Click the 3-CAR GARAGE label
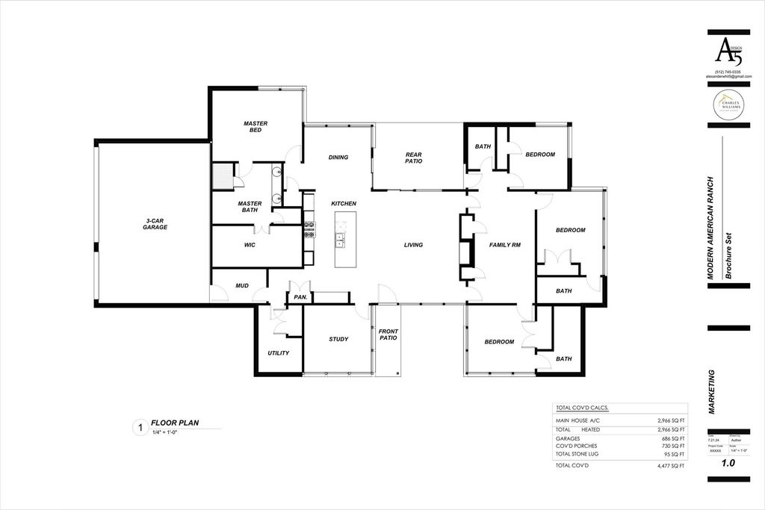tap(155, 223)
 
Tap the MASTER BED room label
tap(255, 127)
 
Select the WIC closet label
tap(250, 245)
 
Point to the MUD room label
tap(242, 285)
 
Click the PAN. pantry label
tap(300, 297)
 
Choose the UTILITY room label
tap(279, 352)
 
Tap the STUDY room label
tap(338, 339)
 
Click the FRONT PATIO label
tap(388, 334)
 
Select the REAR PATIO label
tap(414, 158)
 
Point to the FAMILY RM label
tap(504, 245)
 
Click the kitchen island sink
tap(340, 240)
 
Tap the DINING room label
tap(338, 158)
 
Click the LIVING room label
tap(413, 245)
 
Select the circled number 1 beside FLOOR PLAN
tap(138, 429)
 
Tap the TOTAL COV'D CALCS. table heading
tap(582, 408)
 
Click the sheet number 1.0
tap(728, 464)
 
